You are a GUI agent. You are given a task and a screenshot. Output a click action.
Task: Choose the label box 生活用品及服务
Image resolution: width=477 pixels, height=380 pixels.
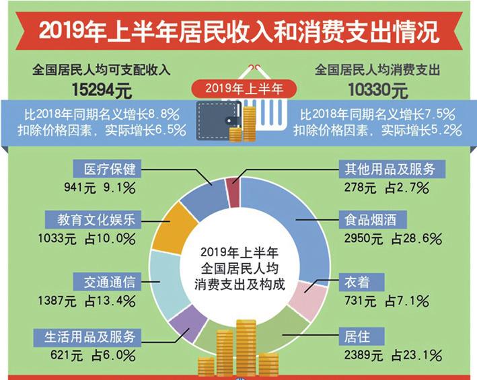tap(91, 336)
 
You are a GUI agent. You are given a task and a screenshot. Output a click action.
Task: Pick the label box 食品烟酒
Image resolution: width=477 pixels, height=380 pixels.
tap(367, 219)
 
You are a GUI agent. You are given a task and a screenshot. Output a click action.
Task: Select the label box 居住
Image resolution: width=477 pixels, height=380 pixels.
tap(354, 334)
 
